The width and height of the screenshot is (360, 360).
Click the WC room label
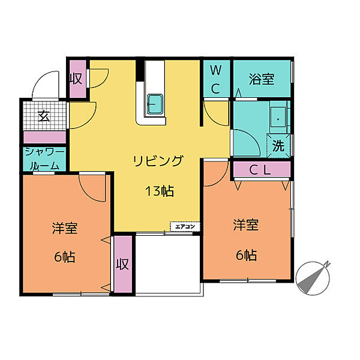216,79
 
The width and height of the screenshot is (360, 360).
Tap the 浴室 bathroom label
262,79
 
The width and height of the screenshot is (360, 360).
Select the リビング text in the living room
158,161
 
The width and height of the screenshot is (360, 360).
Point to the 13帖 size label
160,191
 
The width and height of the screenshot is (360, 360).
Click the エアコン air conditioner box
185,227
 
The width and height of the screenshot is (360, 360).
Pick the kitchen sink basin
155,104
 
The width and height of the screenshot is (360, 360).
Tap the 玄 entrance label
44,116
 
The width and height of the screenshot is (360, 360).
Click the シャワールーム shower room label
44,159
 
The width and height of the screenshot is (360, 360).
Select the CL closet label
260,170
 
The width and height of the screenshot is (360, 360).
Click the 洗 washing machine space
278,146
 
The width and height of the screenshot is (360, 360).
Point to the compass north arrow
313,278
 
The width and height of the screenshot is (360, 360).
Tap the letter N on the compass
327,263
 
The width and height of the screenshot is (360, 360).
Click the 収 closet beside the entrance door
77,79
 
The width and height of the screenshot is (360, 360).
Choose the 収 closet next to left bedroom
123,264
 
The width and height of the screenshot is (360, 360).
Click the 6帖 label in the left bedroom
65,257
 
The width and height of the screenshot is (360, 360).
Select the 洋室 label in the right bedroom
246,225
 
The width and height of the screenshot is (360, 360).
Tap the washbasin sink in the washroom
278,119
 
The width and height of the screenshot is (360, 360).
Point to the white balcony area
168,264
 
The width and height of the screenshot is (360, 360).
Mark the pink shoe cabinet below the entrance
44,137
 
